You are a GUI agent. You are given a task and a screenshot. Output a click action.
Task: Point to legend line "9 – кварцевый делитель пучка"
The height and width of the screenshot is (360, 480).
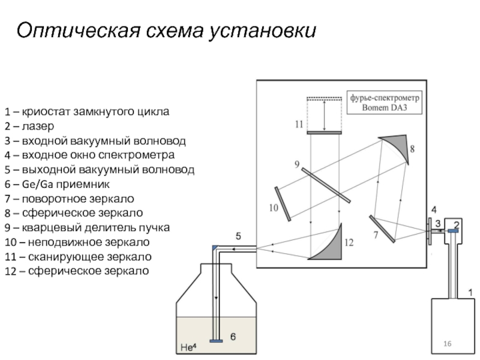coord(88,228)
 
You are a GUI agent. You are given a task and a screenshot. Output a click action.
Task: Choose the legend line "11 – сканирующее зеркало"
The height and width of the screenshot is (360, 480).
coord(77,257)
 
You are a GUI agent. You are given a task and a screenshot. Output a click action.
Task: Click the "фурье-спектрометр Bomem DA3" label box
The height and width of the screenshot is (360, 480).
coord(385,102)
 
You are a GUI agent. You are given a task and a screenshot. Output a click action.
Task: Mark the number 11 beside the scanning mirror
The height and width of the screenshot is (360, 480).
coord(299,125)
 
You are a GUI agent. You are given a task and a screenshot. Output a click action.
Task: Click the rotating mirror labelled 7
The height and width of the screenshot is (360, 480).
coord(382,229)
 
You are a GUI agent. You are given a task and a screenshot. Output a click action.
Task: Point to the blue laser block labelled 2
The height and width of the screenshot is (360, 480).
coord(453,232)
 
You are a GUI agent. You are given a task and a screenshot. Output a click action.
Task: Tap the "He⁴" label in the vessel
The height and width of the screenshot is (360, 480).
coord(190,346)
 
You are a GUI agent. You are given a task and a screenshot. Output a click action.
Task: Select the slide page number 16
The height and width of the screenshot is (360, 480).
coord(447,343)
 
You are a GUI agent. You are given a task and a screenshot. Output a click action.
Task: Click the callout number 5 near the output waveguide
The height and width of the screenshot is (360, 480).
coord(238,236)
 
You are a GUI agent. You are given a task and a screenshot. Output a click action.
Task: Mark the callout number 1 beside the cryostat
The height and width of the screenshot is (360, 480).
coord(470,292)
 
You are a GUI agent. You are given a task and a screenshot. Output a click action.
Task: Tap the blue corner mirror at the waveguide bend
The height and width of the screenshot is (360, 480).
coord(215,248)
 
